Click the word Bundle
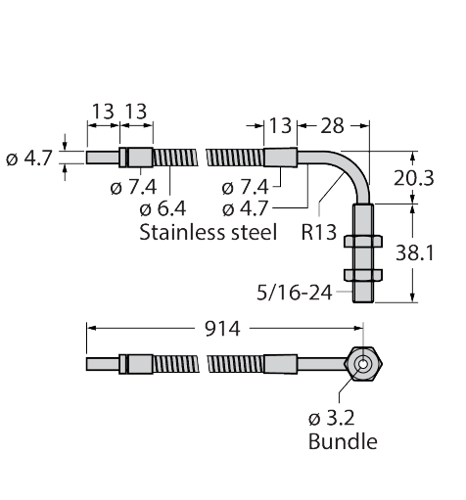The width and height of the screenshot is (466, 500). (x=343, y=441)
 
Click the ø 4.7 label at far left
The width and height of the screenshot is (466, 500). (x=27, y=157)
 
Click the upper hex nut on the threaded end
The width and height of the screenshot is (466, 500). (x=362, y=241)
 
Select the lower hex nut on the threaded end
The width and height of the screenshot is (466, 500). (x=362, y=277)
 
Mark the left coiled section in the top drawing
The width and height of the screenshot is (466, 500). (x=176, y=158)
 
